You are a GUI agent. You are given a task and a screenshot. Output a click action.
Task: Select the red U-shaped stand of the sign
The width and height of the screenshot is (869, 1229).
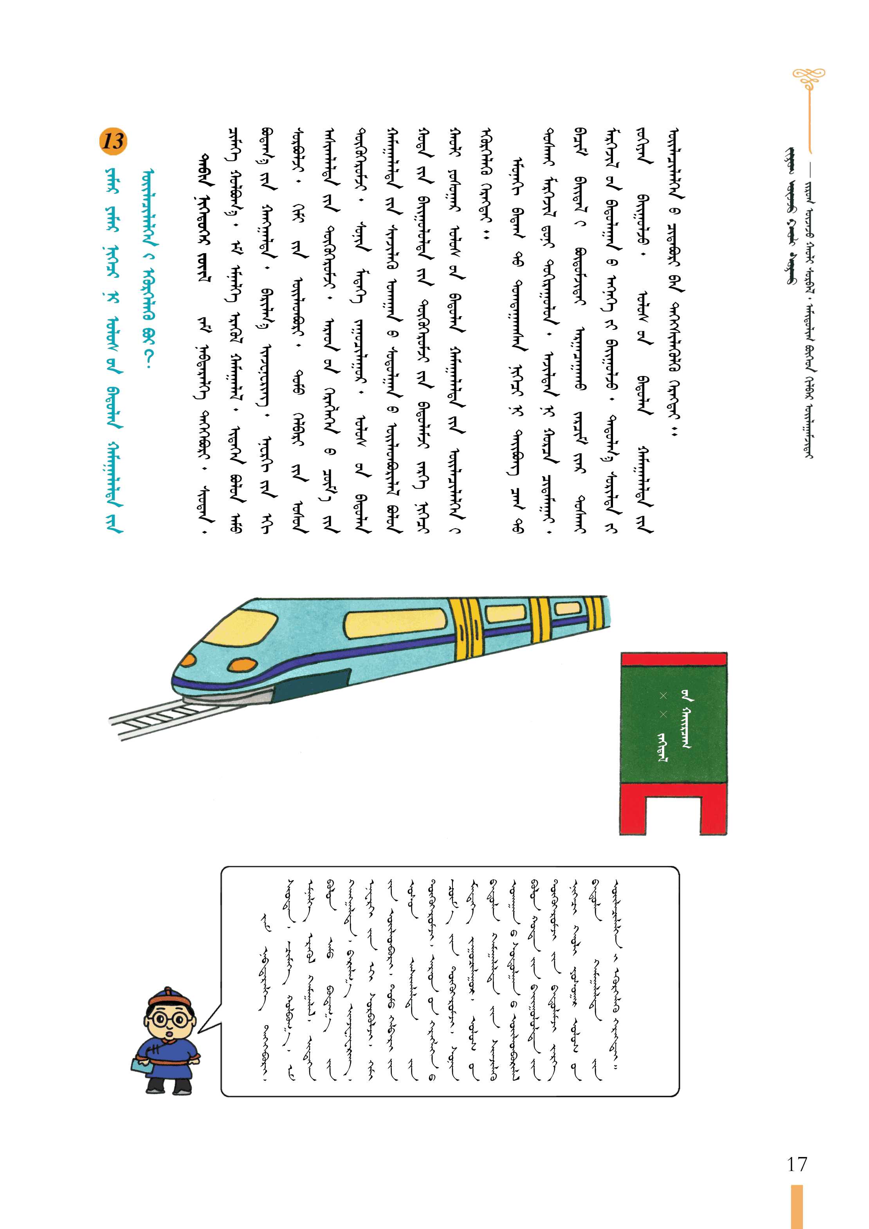click(x=674, y=809)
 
